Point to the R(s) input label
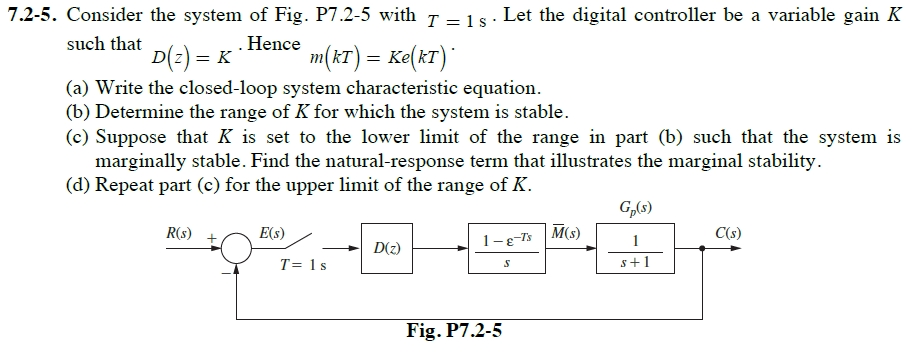180,233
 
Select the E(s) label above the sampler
272,233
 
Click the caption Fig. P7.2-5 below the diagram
454,330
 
